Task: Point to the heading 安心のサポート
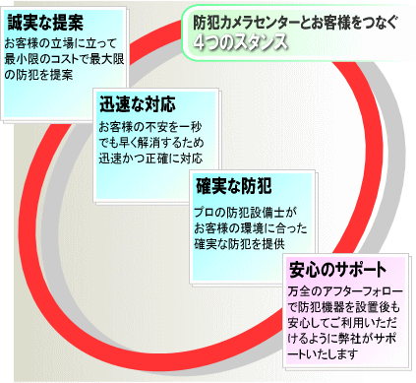(336, 269)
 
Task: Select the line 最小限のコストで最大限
(74, 59)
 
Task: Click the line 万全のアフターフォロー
(347, 292)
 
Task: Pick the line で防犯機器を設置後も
(347, 307)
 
